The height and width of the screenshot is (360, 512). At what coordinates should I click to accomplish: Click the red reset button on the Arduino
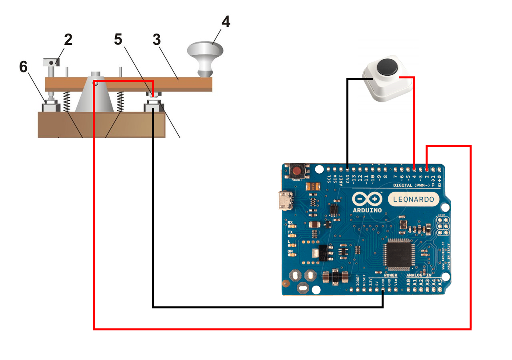297,172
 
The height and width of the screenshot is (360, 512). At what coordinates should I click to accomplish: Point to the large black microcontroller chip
397,254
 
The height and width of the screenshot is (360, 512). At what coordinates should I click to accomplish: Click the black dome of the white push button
387,66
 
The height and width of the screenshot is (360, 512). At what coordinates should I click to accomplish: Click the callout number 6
24,67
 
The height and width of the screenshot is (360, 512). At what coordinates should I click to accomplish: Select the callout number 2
68,40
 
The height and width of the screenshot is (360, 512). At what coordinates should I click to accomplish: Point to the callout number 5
118,39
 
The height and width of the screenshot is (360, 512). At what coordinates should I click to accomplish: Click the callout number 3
156,40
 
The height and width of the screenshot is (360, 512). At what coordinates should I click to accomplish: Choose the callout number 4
226,22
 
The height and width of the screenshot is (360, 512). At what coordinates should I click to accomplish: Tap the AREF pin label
341,178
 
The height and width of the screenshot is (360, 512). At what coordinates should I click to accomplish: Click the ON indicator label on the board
290,252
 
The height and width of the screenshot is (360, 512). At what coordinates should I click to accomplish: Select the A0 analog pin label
408,282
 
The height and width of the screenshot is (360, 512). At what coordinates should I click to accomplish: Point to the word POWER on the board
390,275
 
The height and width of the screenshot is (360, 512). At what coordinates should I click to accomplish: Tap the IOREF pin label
358,280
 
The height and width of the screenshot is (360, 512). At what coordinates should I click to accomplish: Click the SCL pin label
329,178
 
